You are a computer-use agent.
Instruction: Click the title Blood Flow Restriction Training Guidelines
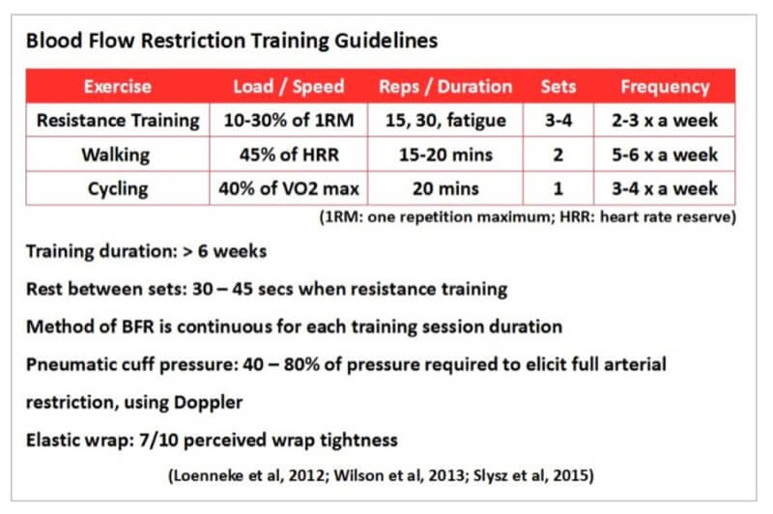point(232,42)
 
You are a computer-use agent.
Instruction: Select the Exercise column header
point(117,86)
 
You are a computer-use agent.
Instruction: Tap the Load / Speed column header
point(288,86)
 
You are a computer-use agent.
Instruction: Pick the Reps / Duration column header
point(446,86)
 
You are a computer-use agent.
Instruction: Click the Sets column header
point(559,86)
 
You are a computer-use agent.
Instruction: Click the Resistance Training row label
point(117,121)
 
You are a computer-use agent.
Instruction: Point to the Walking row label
point(117,155)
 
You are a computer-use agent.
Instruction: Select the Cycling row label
point(117,187)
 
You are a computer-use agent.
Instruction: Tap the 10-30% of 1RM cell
point(288,121)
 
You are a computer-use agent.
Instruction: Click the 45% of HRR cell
point(288,155)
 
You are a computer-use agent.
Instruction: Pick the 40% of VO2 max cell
point(288,187)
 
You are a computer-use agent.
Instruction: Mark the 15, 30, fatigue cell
point(446,121)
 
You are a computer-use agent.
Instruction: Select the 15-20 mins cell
point(446,155)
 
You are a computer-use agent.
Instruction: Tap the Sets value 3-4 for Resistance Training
point(559,121)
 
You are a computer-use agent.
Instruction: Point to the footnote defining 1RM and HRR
point(528,217)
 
